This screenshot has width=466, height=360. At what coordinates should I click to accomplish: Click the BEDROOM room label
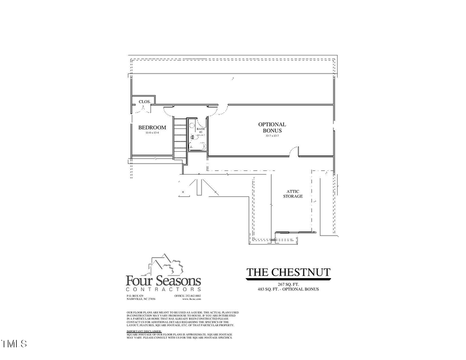[x=152, y=127]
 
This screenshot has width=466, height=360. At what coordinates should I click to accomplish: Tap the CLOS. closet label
[x=144, y=102]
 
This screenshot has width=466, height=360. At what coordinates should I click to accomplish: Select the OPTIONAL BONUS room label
[x=272, y=127]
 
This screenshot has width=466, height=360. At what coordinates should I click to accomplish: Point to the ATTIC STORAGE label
[x=293, y=194]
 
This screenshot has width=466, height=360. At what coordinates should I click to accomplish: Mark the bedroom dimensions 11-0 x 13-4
[x=152, y=133]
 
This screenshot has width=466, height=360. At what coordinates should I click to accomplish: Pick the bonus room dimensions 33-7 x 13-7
[x=272, y=136]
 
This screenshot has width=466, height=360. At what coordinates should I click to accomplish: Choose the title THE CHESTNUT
[x=288, y=272]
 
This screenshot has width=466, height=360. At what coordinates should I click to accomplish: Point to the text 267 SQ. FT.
[x=288, y=284]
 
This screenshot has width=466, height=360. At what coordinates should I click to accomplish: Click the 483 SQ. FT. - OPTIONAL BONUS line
[x=288, y=289]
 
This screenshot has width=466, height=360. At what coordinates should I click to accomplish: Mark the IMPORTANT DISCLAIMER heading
[x=144, y=330]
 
